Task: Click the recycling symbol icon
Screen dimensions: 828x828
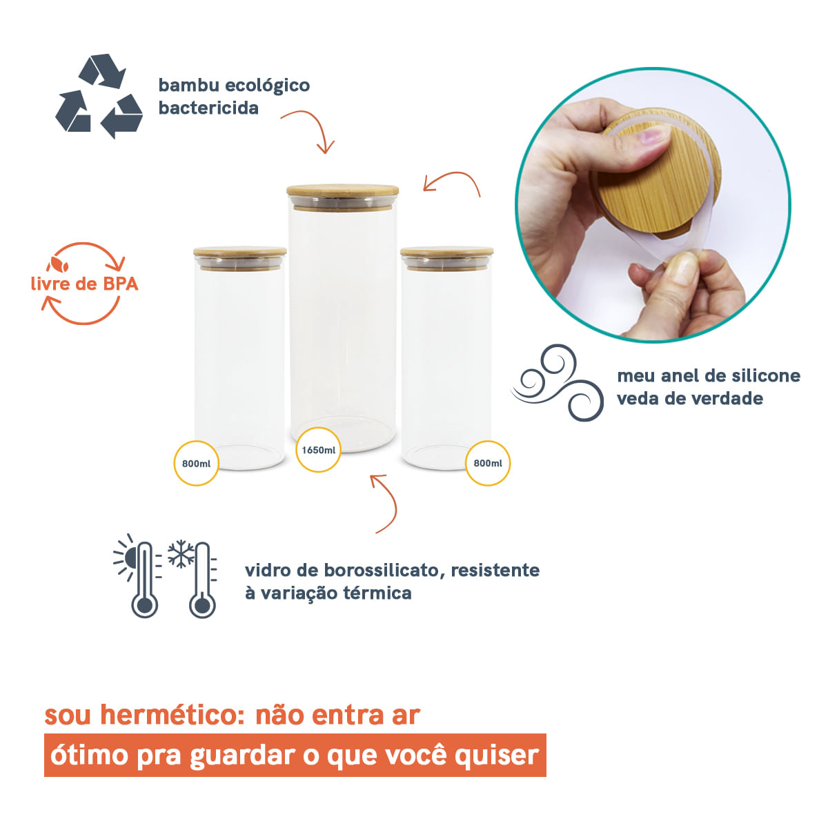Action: [99, 96]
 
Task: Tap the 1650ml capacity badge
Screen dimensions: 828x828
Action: [319, 450]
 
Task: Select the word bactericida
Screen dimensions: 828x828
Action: [208, 108]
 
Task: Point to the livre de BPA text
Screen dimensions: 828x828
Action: [84, 284]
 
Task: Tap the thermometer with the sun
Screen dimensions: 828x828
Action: [141, 578]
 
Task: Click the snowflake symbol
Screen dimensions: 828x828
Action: [181, 553]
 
